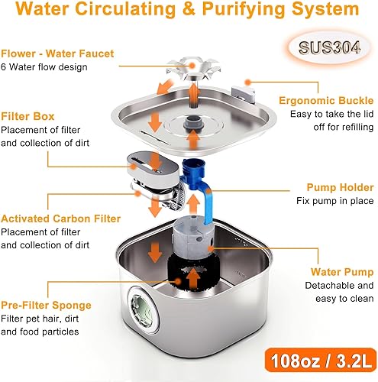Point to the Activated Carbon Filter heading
click(60, 219)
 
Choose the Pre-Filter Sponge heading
click(46, 305)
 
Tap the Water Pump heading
click(342, 271)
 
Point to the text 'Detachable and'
click(340, 286)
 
